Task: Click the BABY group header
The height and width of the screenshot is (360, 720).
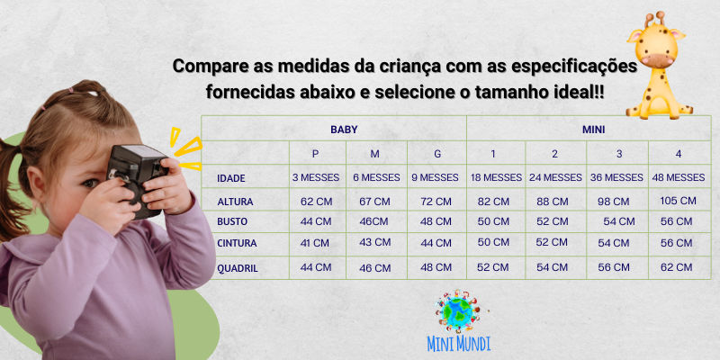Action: click(344, 130)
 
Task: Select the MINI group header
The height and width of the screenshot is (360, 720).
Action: click(594, 130)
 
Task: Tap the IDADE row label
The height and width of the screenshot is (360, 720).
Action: click(231, 178)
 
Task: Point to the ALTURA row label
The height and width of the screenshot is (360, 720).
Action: click(235, 202)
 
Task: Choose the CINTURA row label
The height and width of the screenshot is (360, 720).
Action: click(237, 243)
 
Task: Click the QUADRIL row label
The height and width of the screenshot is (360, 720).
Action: click(238, 268)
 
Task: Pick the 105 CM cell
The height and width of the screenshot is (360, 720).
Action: click(679, 201)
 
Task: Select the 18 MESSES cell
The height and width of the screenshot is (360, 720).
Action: click(497, 177)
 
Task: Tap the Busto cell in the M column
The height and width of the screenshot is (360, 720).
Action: click(373, 221)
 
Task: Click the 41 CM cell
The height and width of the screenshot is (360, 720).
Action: click(314, 243)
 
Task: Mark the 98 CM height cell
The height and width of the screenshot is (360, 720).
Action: click(614, 202)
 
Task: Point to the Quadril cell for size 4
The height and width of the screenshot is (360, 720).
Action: click(677, 267)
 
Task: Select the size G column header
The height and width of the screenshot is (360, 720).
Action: click(437, 154)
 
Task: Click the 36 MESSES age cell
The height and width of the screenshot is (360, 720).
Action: click(616, 177)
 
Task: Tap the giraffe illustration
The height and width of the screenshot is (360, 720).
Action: click(659, 66)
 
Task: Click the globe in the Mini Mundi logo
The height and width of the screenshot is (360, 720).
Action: click(458, 310)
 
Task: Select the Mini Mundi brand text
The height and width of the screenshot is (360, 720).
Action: click(458, 344)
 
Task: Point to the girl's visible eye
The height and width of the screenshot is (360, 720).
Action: click(90, 184)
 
